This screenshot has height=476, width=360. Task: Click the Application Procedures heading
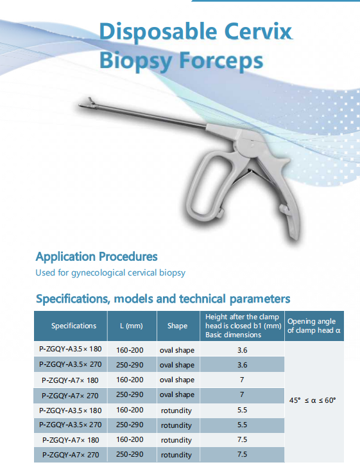[x=96, y=257]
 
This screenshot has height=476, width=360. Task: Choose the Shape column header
[x=177, y=326]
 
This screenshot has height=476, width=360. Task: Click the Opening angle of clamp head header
[x=314, y=326]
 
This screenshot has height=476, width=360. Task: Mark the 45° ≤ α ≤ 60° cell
[x=313, y=400]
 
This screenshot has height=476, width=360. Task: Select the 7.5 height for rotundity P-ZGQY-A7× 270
[x=242, y=455]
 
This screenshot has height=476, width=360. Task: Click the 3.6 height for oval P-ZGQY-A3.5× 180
[x=242, y=350]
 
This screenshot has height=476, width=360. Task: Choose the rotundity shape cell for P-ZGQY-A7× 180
[x=176, y=440]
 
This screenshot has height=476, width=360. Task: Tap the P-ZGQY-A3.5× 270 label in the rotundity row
[x=70, y=425]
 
